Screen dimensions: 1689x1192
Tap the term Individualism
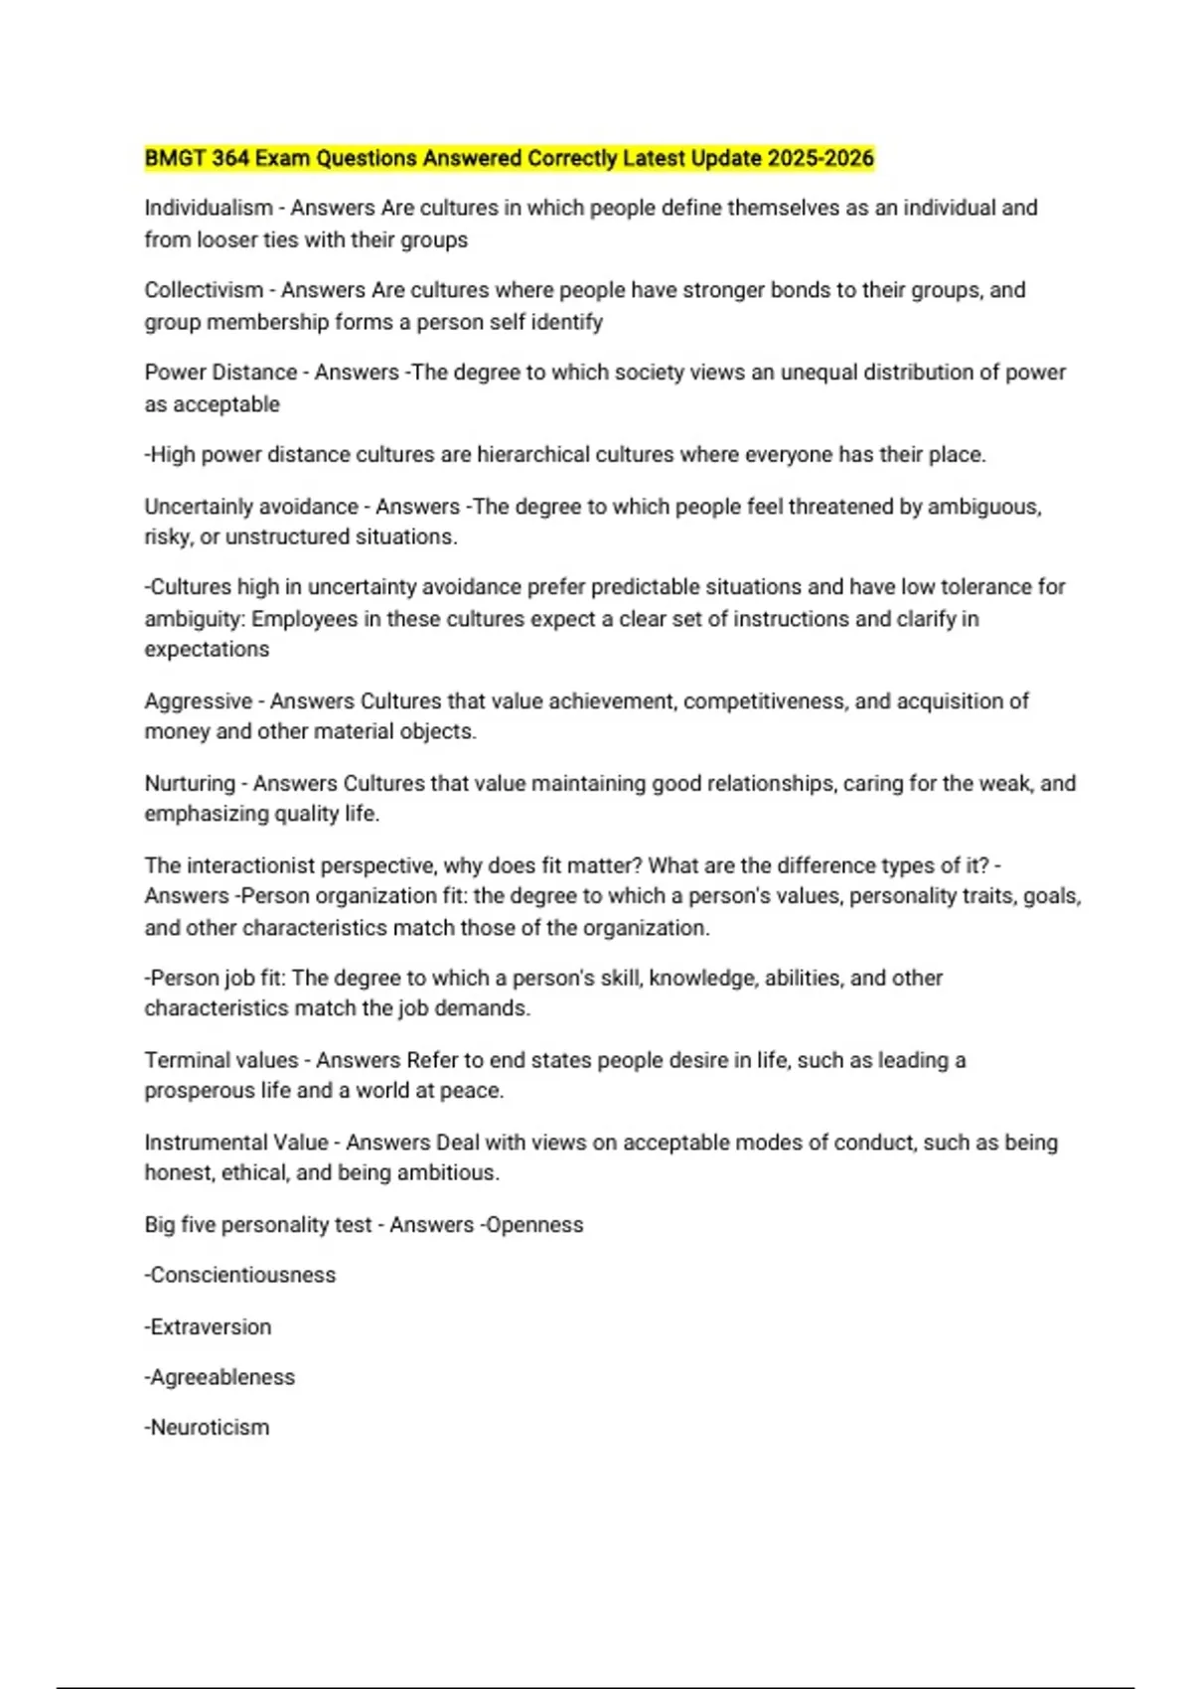point(209,208)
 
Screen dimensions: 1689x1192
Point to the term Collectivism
point(204,290)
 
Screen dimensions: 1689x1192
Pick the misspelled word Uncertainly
point(199,507)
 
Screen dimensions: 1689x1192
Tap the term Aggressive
point(199,701)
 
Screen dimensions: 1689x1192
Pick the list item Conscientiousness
point(241,1276)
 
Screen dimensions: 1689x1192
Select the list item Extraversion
point(209,1327)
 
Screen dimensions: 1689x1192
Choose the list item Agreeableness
point(221,1378)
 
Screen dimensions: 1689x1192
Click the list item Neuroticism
point(208,1428)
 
